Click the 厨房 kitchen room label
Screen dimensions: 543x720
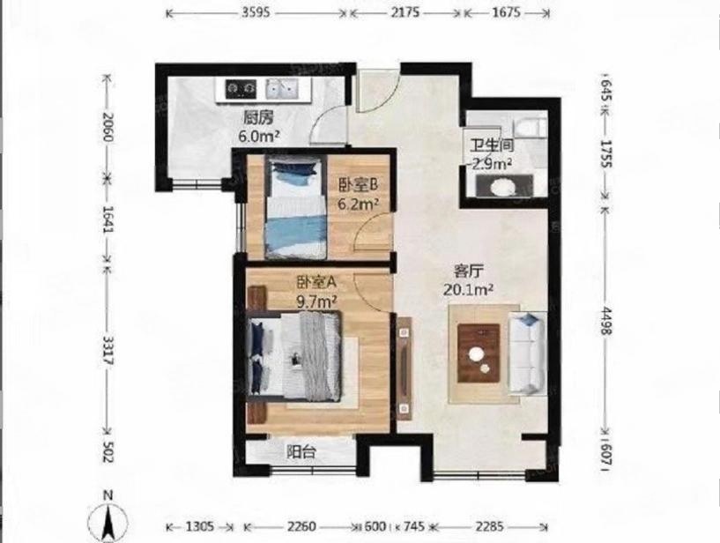[x=257, y=116]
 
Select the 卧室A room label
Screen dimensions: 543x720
[x=318, y=283]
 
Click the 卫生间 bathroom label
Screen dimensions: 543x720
[x=490, y=146]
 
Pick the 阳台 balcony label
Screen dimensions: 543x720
[x=301, y=452]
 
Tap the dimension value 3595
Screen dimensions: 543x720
[x=257, y=13]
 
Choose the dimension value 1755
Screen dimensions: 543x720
[x=605, y=147]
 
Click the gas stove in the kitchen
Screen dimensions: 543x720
[x=240, y=87]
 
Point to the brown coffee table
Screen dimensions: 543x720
[x=479, y=353]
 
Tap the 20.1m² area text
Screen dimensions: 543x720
[x=468, y=287]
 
